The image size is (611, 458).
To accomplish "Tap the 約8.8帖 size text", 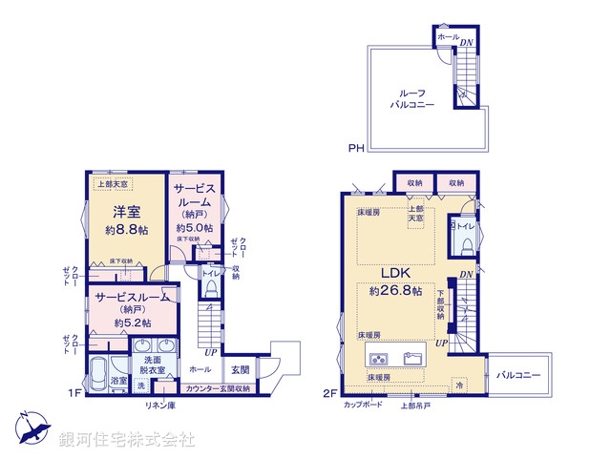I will pyautogui.click(x=126, y=231).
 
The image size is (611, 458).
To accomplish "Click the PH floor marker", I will pyautogui.click(x=355, y=148).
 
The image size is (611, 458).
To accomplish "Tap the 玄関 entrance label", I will pyautogui.click(x=239, y=369).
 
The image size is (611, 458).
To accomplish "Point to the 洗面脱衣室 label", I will pyautogui.click(x=154, y=364).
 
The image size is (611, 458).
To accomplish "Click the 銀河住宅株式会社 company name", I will pyautogui.click(x=127, y=441).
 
